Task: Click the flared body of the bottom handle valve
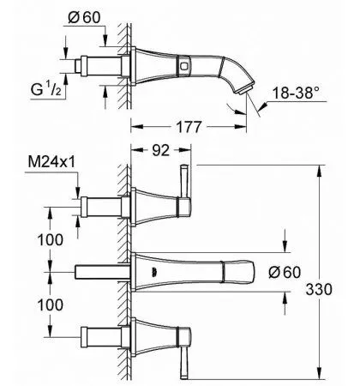pyautogui.click(x=154, y=335)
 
